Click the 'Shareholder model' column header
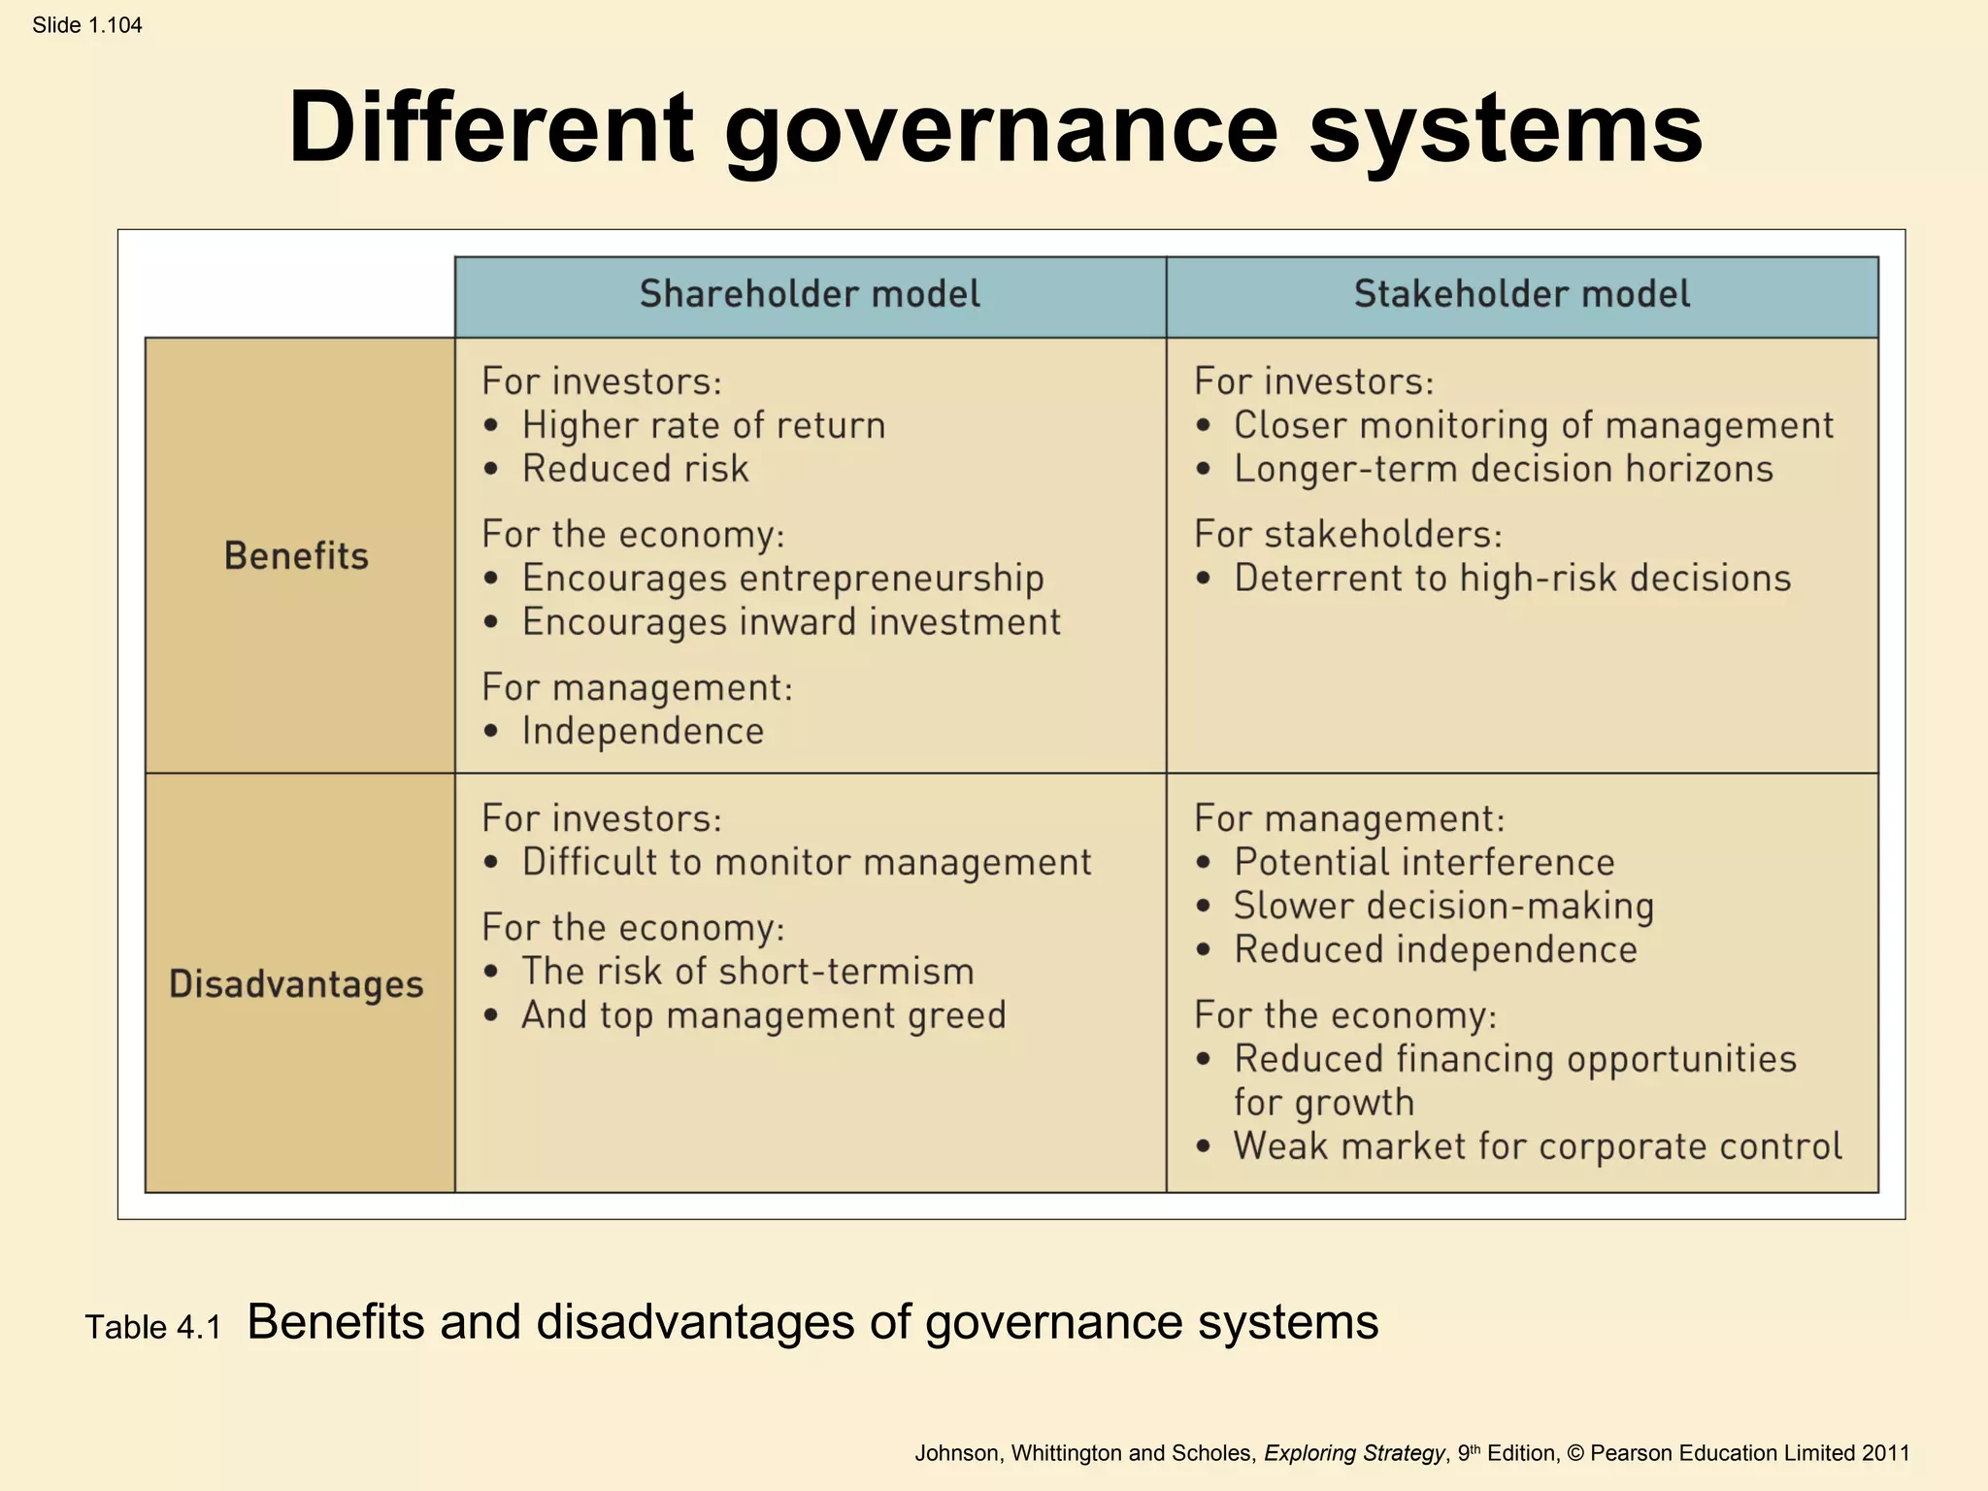pyautogui.click(x=810, y=294)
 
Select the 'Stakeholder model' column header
pyautogui.click(x=1521, y=294)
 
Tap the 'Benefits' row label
pyautogui.click(x=296, y=556)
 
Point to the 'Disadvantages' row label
pyautogui.click(x=296, y=984)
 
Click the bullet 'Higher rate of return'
pyautogui.click(x=703, y=425)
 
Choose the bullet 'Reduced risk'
pyautogui.click(x=635, y=469)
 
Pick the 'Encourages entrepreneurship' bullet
pyautogui.click(x=782, y=579)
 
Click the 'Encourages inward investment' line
pyautogui.click(x=791, y=622)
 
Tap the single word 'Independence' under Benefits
pyautogui.click(x=643, y=731)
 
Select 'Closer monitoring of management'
pyautogui.click(x=1533, y=425)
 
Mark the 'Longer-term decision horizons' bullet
pyautogui.click(x=1503, y=469)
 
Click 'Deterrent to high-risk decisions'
pyautogui.click(x=1511, y=579)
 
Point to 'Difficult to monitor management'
pyautogui.click(x=806, y=862)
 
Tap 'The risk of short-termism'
pyautogui.click(x=747, y=972)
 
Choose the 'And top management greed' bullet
pyautogui.click(x=763, y=1015)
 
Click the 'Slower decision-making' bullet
pyautogui.click(x=1443, y=906)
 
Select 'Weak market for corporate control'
pyautogui.click(x=1537, y=1146)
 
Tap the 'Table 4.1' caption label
pyautogui.click(x=153, y=1327)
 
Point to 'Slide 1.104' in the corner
pyautogui.click(x=87, y=25)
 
